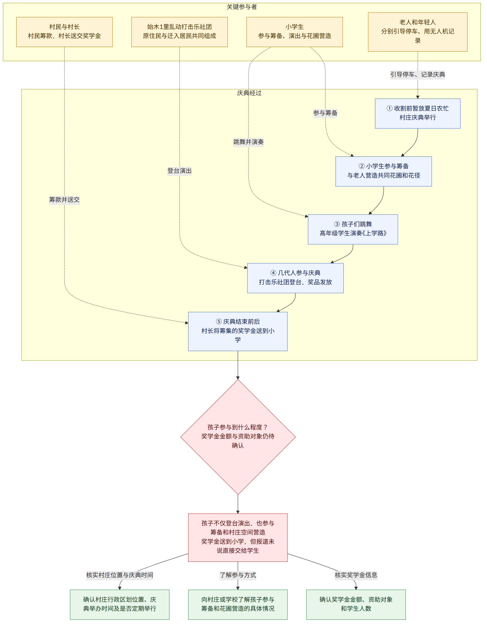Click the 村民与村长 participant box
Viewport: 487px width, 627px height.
(x=64, y=32)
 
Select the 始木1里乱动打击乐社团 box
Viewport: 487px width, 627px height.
(x=180, y=32)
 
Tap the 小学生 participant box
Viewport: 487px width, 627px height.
(x=295, y=32)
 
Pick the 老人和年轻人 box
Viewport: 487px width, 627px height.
(x=417, y=32)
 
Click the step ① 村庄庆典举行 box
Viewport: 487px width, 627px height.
(x=417, y=113)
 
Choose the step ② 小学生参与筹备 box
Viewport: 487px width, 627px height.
(x=384, y=171)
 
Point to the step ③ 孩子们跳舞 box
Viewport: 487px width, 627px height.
(x=353, y=229)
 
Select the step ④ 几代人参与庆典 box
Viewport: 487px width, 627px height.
(x=295, y=278)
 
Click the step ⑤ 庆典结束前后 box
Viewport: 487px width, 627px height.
(x=238, y=331)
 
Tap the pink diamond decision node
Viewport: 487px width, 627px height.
(x=238, y=437)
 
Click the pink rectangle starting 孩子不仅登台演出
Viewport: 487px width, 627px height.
(x=238, y=537)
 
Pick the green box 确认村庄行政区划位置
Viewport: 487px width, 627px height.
(x=120, y=605)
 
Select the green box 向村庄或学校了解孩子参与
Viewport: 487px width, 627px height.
(x=238, y=605)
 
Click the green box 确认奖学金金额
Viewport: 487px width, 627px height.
(x=356, y=605)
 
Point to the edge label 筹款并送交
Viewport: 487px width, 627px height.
(x=64, y=200)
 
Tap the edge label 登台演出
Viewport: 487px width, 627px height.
(x=180, y=171)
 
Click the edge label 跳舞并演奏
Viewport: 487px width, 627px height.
(x=248, y=142)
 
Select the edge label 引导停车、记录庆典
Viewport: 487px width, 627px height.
(x=417, y=75)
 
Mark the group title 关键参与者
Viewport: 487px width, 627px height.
(x=242, y=7)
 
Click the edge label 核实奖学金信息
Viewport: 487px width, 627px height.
(x=356, y=575)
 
